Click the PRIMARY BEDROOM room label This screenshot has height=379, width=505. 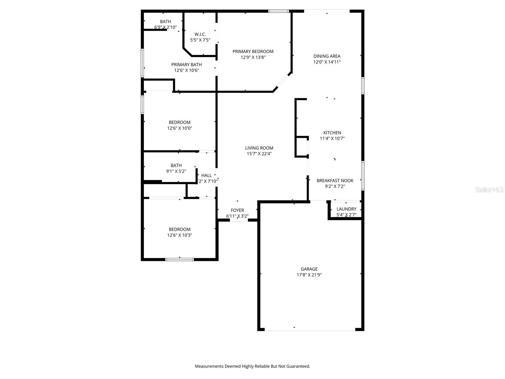(253, 51)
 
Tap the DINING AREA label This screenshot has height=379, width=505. (327, 56)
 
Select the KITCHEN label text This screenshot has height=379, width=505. (332, 133)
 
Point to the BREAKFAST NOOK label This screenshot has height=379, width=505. (335, 181)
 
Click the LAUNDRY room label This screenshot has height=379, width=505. (346, 209)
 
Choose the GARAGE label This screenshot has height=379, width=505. (309, 269)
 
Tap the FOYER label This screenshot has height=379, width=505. (237, 210)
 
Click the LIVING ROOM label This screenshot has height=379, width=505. (259, 148)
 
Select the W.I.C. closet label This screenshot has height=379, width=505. (200, 34)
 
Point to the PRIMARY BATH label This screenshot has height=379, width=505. (187, 65)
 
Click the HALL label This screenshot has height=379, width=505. (206, 176)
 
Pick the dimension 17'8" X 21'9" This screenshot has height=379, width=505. (309, 275)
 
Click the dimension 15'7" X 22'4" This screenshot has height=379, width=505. (259, 154)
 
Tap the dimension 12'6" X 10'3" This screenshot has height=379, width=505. (180, 235)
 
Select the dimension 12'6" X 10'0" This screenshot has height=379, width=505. (180, 128)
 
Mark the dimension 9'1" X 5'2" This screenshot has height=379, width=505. (176, 171)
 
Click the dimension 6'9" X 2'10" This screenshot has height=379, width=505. (165, 27)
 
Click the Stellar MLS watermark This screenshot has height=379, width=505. (489, 190)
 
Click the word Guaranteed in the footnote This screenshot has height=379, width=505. (298, 366)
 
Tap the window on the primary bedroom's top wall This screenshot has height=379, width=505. (278, 11)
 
